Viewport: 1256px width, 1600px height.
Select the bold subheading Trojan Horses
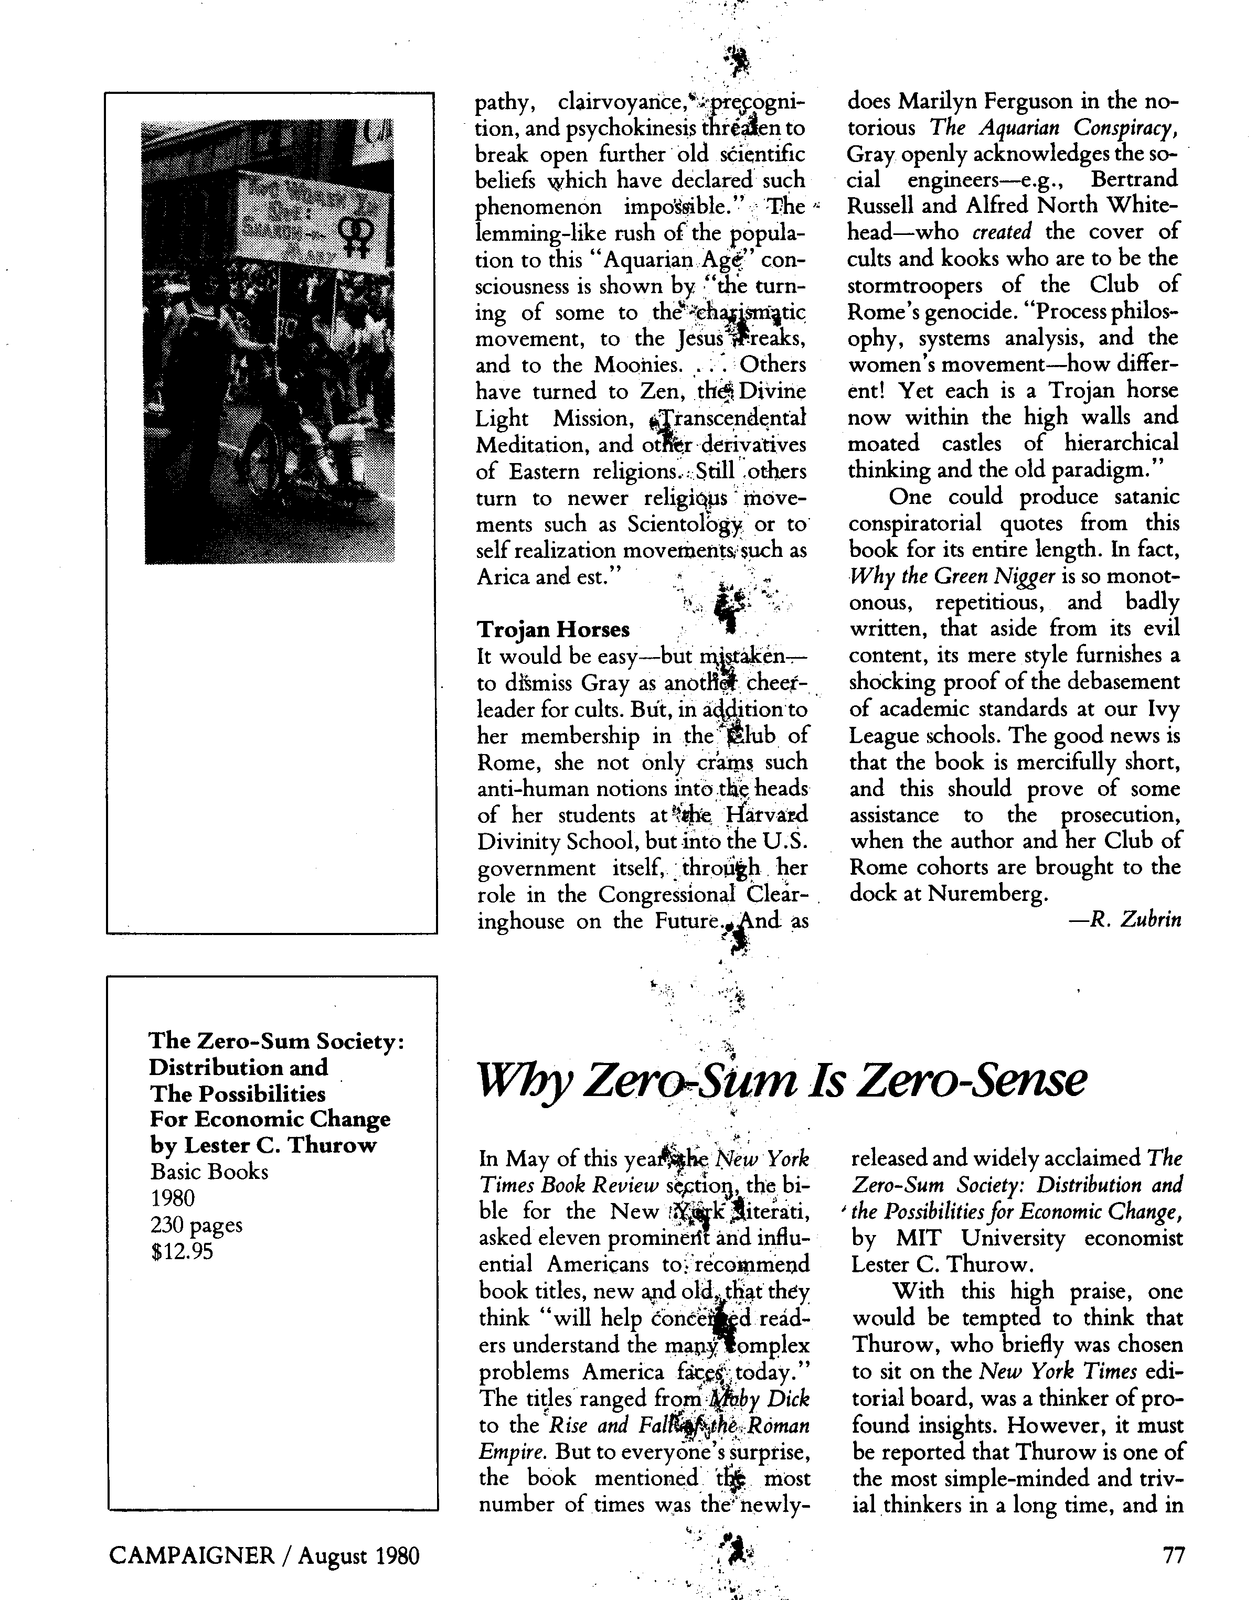tap(553, 630)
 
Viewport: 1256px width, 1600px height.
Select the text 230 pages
tap(196, 1225)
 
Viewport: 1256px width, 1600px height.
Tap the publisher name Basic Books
tap(209, 1171)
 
